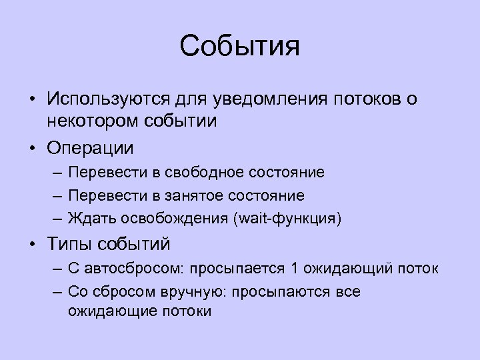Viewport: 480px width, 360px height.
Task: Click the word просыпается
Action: pyautogui.click(x=238, y=269)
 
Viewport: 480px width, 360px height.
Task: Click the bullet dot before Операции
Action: pyautogui.click(x=31, y=147)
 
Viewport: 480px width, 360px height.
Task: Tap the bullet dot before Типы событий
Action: pyautogui.click(x=31, y=244)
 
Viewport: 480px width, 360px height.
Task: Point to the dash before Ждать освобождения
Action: pyautogui.click(x=56, y=218)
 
